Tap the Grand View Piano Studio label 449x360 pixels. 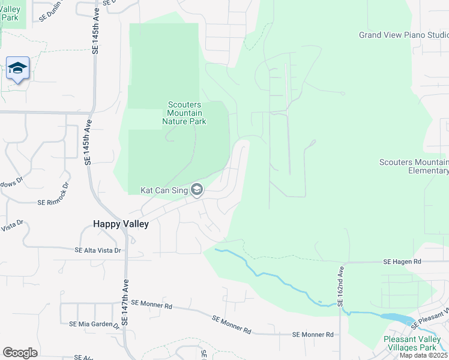pos(403,35)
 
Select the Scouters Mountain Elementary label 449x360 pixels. pos(414,166)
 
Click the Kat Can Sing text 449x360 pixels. pos(164,190)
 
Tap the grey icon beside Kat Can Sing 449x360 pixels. pos(196,191)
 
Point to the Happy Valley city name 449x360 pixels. pos(121,223)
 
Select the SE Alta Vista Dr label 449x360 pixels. pos(98,250)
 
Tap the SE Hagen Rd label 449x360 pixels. pos(403,262)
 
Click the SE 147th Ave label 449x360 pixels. pos(125,305)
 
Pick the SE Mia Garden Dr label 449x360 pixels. pos(94,324)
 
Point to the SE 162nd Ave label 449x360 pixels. pos(340,287)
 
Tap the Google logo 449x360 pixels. pos(20,352)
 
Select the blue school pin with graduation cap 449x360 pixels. pos(18,68)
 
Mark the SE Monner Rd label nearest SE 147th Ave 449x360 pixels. pos(151,305)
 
